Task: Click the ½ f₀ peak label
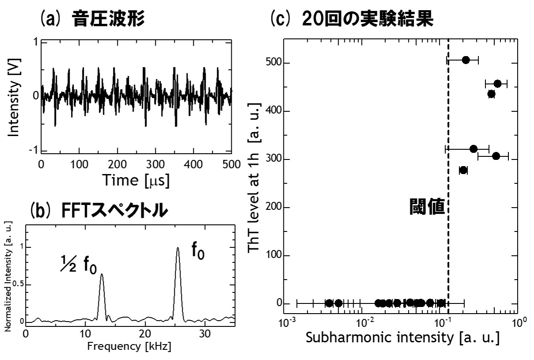point(79,267)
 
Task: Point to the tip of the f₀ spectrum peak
point(178,248)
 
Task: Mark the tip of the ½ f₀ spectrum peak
point(102,274)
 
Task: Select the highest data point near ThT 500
point(466,60)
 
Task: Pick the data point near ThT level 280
point(463,170)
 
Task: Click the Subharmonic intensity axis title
point(402,339)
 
